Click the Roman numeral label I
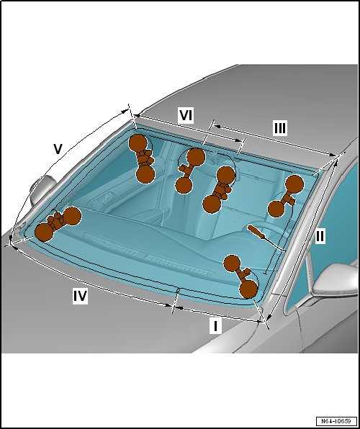215,326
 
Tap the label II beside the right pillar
320,236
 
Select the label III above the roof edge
280,128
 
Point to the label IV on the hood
80,297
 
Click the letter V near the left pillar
58,149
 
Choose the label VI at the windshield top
186,115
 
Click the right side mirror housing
336,281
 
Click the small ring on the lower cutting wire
178,290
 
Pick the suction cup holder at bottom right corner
241,276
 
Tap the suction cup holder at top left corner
143,158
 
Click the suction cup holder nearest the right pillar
286,196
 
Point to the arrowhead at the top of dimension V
126,111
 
